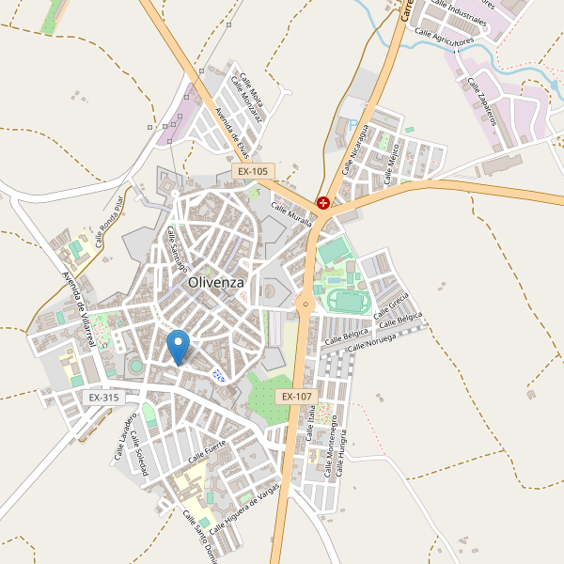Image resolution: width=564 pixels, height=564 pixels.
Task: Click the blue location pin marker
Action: click(x=178, y=347)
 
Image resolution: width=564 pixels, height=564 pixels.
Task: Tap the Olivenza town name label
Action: click(x=215, y=282)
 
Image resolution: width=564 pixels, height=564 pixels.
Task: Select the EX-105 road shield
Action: click(x=253, y=172)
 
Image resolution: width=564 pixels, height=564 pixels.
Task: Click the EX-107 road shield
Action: click(x=295, y=398)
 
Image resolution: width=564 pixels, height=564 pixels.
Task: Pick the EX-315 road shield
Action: click(x=103, y=398)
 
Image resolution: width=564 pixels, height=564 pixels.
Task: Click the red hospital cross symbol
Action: click(x=323, y=202)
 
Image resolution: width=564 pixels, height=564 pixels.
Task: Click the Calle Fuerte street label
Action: click(x=208, y=454)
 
